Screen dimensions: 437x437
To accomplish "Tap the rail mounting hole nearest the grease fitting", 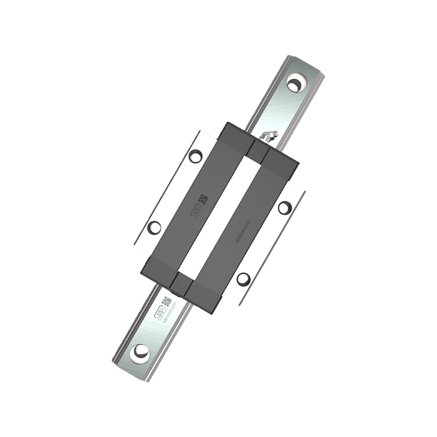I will coord(296,84).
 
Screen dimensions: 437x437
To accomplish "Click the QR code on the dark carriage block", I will coord(203,199).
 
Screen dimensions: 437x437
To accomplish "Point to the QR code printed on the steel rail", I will coord(167,302).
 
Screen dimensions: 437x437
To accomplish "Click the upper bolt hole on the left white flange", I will coord(195,156).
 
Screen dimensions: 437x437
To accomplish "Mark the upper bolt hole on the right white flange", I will coord(285,207).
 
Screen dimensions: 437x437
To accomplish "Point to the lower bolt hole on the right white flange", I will coord(244,279).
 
